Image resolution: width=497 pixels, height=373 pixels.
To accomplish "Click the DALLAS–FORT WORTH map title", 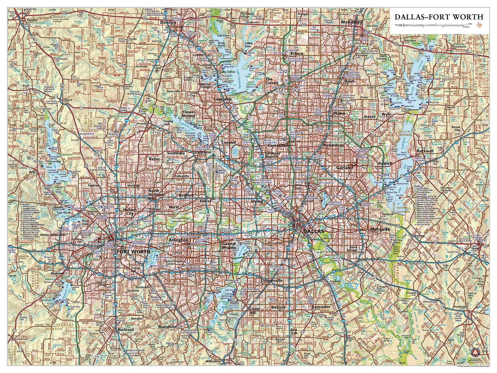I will (438, 17).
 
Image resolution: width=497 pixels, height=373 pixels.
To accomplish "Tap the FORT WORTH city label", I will (133, 252).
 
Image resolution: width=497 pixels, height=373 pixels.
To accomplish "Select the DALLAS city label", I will (313, 231).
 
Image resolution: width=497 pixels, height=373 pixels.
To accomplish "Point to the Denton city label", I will (168, 22).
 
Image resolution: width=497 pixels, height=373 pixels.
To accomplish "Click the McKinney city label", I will (351, 22).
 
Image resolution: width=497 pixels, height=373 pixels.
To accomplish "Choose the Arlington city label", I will (179, 240).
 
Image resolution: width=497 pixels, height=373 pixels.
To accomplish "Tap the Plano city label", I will (339, 113).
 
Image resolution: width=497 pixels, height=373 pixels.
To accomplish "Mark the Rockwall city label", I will (425, 151).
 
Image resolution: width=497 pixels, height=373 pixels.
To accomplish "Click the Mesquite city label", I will (380, 229).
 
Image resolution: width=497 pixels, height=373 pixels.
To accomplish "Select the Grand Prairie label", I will (229, 246).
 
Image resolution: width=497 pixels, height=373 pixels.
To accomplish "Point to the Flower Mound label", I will (188, 114).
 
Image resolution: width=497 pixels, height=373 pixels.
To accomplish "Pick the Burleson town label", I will (126, 330).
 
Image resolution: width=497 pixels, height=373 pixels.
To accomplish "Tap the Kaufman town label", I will (460, 307).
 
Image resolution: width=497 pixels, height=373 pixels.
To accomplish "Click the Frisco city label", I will (297, 54).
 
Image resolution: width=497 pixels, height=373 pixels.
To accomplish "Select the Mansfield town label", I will (167, 327).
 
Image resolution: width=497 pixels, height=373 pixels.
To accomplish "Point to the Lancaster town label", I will (321, 307).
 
